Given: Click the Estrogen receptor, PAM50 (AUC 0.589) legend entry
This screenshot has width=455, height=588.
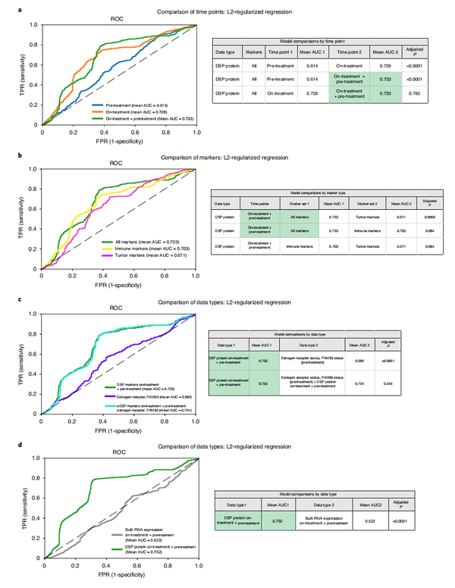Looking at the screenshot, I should [141, 396].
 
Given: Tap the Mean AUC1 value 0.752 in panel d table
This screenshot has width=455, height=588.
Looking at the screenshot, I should [278, 520].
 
